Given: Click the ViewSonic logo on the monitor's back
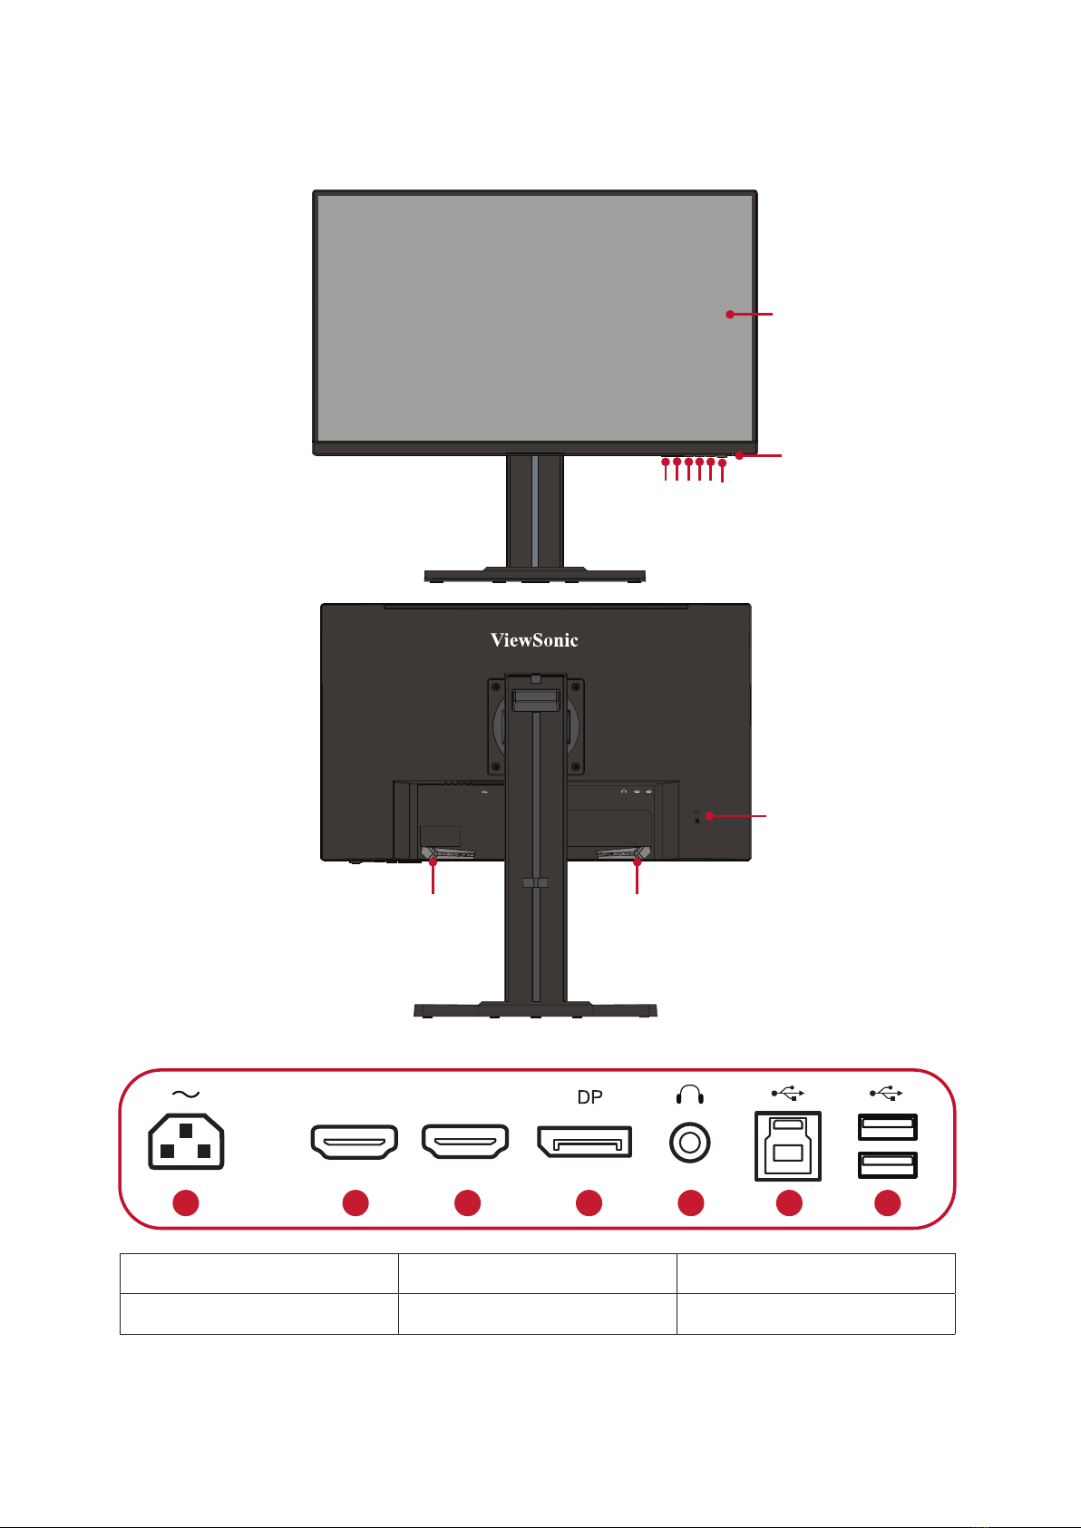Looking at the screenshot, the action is [x=534, y=640].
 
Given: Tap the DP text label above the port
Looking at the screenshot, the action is [x=589, y=1097].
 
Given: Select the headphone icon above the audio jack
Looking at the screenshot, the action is [x=690, y=1095].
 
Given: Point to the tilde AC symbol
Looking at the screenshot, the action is [x=185, y=1095].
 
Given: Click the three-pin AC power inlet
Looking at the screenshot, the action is [x=186, y=1142].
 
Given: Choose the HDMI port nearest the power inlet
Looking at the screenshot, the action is [x=355, y=1143].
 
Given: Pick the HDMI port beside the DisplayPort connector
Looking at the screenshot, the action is [x=465, y=1143].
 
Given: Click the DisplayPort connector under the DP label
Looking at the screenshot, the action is [x=585, y=1143].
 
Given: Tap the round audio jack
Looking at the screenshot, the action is [x=689, y=1143].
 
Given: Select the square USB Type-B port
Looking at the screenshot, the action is [x=788, y=1146].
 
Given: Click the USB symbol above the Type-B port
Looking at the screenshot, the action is [x=788, y=1094].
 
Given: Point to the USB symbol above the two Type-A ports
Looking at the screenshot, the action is [x=887, y=1094].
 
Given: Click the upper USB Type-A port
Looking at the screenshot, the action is [x=888, y=1127].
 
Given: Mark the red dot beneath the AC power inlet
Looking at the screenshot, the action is [x=186, y=1203].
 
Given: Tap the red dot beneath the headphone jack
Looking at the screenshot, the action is [x=690, y=1203].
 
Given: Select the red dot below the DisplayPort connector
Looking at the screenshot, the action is [x=589, y=1203].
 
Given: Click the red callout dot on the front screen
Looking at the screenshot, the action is [x=730, y=315].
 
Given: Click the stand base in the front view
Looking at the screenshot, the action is [x=535, y=574].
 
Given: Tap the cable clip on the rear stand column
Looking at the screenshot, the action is [x=535, y=881].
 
